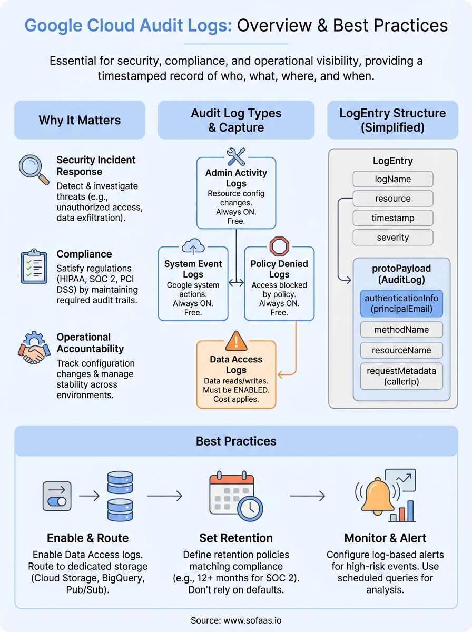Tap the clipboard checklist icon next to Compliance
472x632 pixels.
(33, 266)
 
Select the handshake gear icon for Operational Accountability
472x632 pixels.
(33, 348)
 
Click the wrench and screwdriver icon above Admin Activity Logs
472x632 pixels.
(236, 156)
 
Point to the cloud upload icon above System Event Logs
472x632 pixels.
(193, 246)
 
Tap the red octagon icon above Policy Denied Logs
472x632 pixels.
(279, 246)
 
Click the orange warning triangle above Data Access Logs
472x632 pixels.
(236, 341)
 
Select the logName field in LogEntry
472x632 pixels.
(392, 179)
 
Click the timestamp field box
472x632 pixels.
(392, 218)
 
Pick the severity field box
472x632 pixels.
(392, 238)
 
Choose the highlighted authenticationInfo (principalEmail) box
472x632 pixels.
(401, 303)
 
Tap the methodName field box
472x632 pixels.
(401, 330)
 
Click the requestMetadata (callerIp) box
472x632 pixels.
(401, 376)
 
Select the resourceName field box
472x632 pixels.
(401, 350)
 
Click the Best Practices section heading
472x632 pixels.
(236, 441)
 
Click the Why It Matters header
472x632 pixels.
(80, 120)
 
